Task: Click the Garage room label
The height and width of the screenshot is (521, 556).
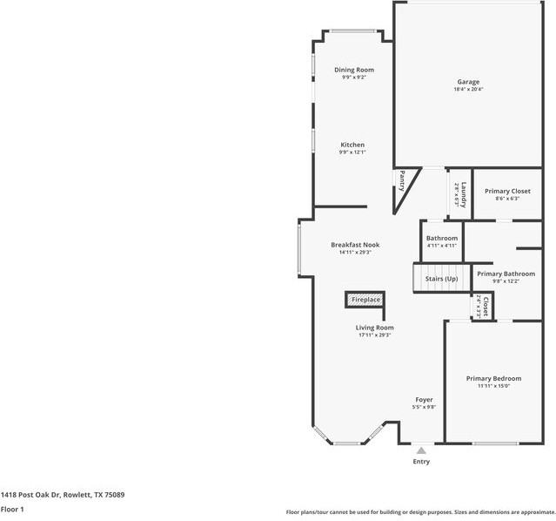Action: [x=468, y=82]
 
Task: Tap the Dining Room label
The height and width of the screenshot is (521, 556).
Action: [x=354, y=70]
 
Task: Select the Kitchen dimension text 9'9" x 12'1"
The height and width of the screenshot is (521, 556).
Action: [x=352, y=152]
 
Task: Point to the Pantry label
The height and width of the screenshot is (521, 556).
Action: [x=402, y=180]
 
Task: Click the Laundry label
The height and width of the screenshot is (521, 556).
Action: [x=464, y=192]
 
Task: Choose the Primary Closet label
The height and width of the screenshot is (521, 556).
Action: [x=507, y=191]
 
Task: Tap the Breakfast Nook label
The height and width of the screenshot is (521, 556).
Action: [x=355, y=245]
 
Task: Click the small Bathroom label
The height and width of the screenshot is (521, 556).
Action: [x=442, y=238]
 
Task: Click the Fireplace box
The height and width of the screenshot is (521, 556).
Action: [x=365, y=300]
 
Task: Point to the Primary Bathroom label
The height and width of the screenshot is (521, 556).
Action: [x=506, y=274]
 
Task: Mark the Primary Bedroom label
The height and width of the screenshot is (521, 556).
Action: [x=493, y=378]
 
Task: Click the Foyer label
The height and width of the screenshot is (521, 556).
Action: [x=424, y=400]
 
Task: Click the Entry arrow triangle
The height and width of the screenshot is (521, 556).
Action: [x=421, y=450]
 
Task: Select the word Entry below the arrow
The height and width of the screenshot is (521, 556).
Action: [x=421, y=462]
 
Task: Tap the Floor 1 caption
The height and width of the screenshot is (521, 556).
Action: [x=12, y=509]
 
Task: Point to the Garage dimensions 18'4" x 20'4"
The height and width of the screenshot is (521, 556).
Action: [x=468, y=90]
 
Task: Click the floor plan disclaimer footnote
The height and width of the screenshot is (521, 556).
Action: [x=419, y=512]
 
